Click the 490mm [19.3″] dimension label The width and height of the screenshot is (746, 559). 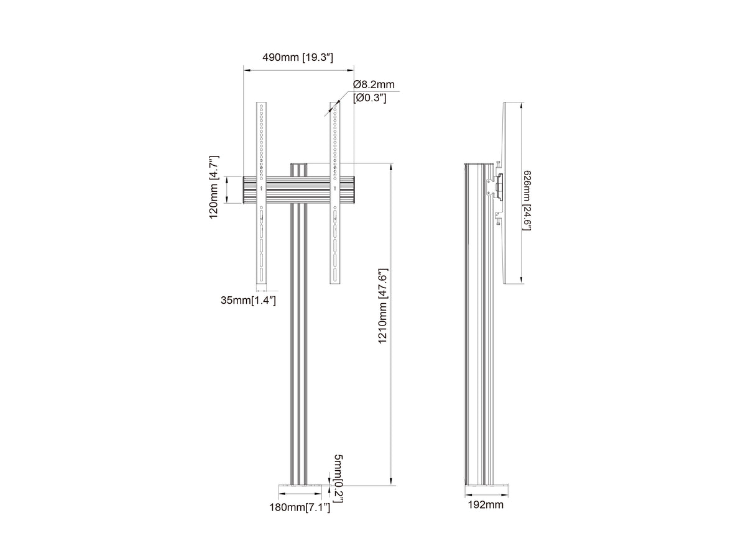(x=297, y=57)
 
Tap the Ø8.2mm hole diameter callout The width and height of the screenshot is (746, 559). (x=374, y=84)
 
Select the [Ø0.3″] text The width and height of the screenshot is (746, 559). (x=370, y=98)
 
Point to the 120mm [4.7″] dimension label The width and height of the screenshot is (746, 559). (x=214, y=187)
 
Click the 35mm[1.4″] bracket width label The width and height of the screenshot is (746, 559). (x=248, y=301)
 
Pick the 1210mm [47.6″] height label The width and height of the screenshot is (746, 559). (x=383, y=306)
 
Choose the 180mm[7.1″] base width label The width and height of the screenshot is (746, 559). (x=300, y=517)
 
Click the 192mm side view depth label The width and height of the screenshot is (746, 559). (x=486, y=514)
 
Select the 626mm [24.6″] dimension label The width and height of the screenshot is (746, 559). (x=527, y=200)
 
